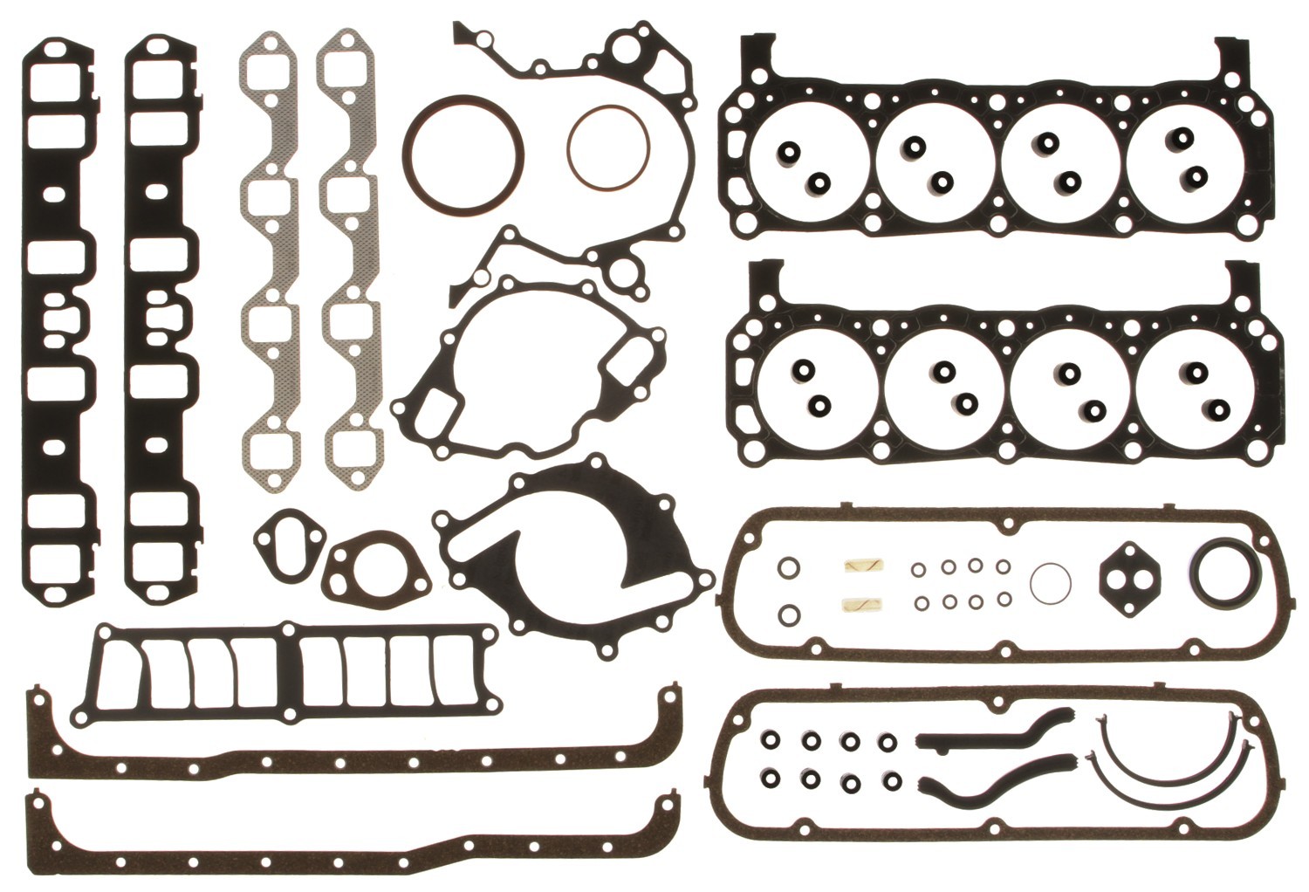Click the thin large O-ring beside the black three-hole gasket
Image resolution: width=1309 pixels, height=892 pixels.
click(x=1051, y=582)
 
